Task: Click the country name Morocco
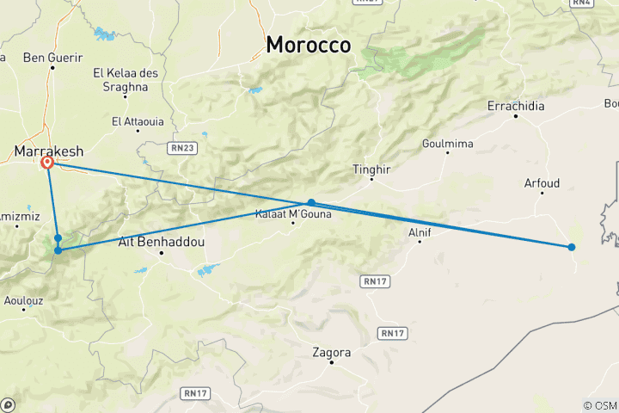click(309, 45)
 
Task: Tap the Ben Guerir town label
click(53, 58)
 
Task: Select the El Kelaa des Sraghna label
click(126, 79)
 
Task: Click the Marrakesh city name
click(48, 151)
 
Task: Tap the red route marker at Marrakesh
click(48, 162)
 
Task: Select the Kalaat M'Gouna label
click(293, 214)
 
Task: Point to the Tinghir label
click(371, 170)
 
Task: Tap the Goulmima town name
click(448, 144)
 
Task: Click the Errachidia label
click(516, 106)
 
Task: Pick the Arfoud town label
click(542, 183)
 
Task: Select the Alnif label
click(420, 231)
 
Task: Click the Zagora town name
click(332, 352)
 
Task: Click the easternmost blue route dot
click(572, 247)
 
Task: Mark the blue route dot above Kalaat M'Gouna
click(311, 203)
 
